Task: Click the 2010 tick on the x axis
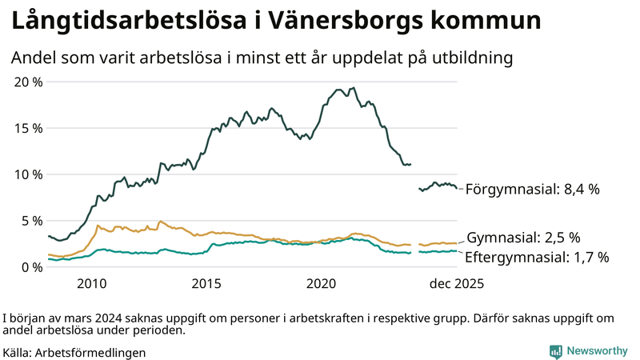click(x=91, y=284)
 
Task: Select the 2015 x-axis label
click(x=206, y=284)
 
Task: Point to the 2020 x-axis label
click(x=322, y=284)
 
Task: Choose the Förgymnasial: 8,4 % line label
click(x=532, y=190)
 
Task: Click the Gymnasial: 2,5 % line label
click(x=523, y=238)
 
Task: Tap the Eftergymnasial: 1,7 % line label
click(x=537, y=257)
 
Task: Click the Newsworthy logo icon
click(x=555, y=351)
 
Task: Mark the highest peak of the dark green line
click(x=354, y=88)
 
